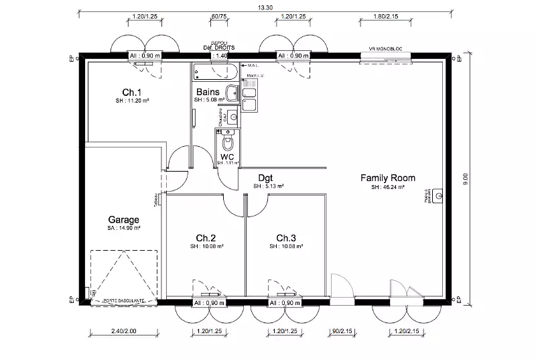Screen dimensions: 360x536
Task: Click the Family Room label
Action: (388, 178)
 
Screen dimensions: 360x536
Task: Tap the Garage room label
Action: (123, 219)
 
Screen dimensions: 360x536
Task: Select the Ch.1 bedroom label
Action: (131, 92)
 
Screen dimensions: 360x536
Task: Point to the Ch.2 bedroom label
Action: (206, 238)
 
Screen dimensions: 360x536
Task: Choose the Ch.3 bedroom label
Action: (286, 238)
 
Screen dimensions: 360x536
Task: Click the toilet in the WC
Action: (226, 144)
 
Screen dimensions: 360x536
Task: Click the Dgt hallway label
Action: (265, 178)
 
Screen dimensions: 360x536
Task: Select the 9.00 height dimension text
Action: (466, 179)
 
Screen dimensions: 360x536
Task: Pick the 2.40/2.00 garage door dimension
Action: (123, 331)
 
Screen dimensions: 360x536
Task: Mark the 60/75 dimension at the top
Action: (217, 15)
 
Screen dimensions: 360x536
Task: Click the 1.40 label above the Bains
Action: (221, 56)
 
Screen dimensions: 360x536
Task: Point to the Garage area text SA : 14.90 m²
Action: (123, 228)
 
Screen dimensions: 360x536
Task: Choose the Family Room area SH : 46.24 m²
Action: (388, 188)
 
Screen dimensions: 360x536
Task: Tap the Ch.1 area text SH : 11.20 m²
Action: (131, 101)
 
